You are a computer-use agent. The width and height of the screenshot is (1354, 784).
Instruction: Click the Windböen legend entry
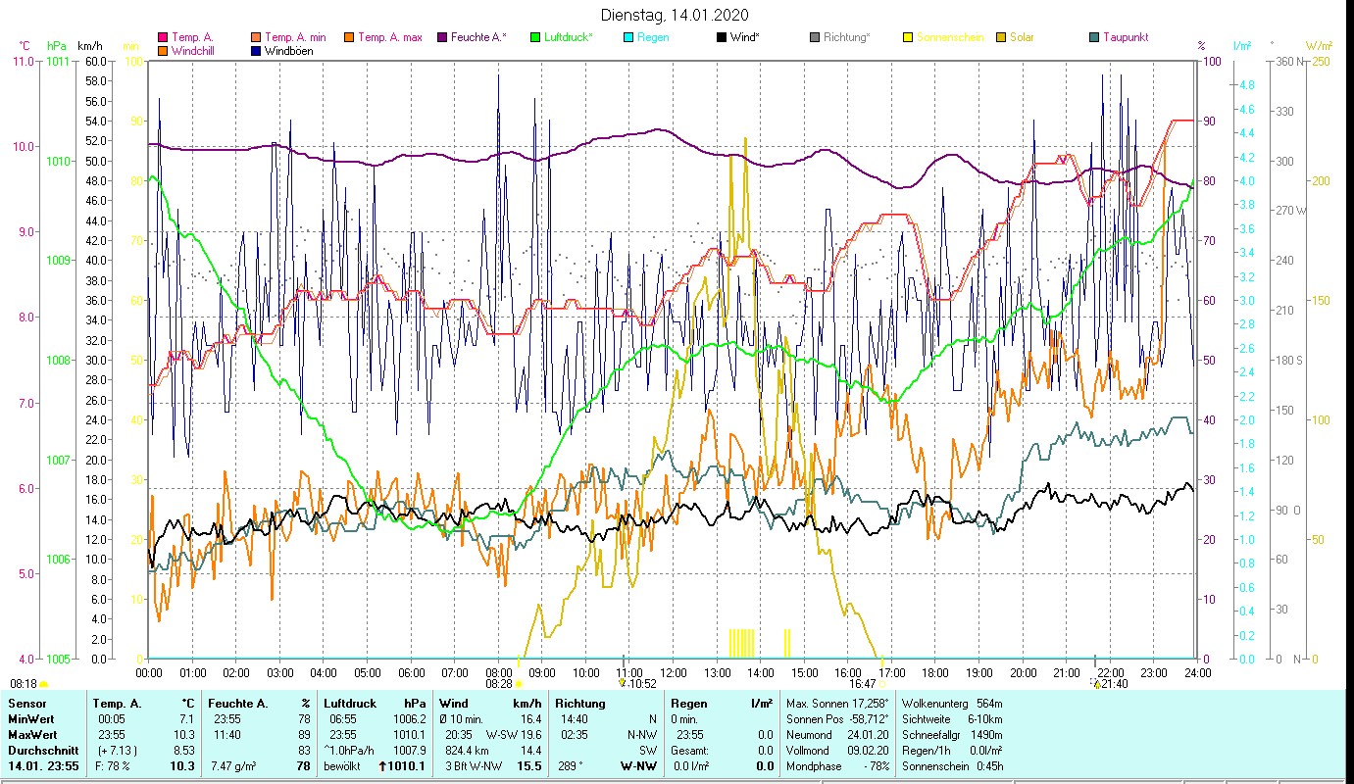pos(288,51)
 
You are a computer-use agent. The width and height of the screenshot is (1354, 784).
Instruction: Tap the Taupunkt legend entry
pos(1125,38)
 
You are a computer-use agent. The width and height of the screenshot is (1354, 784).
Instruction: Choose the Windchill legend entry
pos(197,51)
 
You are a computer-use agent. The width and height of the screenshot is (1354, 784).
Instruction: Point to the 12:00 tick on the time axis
pos(674,673)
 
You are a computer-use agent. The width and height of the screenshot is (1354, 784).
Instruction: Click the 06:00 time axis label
pos(411,673)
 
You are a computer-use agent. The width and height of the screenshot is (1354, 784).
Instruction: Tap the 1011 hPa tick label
pos(58,61)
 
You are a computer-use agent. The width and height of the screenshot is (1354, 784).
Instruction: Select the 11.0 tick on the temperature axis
pos(22,61)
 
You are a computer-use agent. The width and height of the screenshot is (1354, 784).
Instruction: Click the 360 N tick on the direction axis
pos(1287,61)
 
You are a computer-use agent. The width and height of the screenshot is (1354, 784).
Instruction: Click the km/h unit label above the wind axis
pos(89,45)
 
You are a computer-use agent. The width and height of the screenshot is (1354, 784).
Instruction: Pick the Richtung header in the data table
pos(581,704)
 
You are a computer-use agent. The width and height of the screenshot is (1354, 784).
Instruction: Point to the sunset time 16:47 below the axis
pos(862,684)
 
